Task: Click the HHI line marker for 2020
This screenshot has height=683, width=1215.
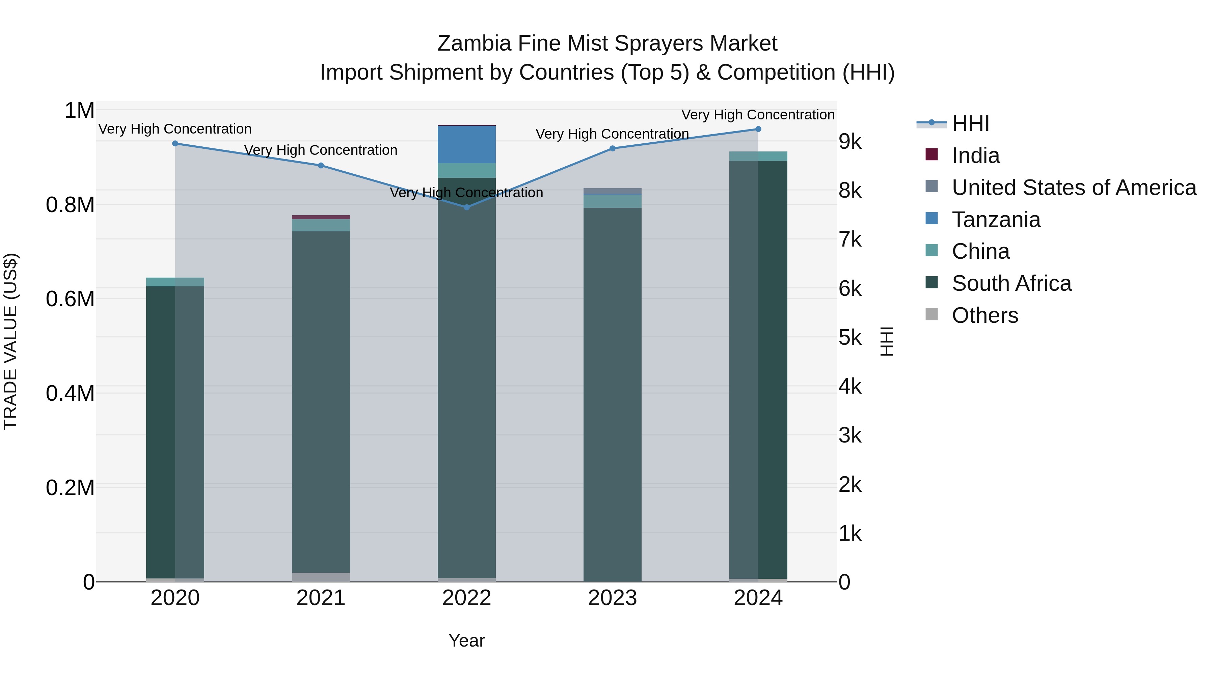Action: tap(175, 143)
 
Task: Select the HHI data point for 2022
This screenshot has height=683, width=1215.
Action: tap(466, 207)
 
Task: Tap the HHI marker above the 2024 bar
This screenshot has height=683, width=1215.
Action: tap(758, 129)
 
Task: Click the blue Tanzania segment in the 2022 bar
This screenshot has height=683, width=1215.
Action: tap(466, 145)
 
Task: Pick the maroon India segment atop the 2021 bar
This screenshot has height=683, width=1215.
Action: tap(321, 217)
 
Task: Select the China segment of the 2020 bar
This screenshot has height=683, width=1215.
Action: tap(175, 282)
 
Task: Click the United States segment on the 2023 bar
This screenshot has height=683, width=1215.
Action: tap(612, 191)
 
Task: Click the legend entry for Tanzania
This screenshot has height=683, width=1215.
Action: tap(996, 220)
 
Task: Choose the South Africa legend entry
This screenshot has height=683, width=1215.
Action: tap(1011, 283)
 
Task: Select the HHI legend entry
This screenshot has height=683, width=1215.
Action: tap(970, 123)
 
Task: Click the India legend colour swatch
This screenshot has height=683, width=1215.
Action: tap(932, 154)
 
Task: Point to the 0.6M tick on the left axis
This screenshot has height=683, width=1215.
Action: tap(70, 299)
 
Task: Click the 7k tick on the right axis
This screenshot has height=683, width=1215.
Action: tap(850, 239)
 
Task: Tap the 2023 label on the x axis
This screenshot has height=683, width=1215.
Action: tap(612, 598)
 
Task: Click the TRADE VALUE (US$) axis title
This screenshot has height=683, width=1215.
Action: tap(10, 341)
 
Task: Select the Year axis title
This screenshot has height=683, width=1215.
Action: tap(466, 641)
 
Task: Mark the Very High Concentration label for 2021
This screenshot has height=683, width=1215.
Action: tap(321, 150)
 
